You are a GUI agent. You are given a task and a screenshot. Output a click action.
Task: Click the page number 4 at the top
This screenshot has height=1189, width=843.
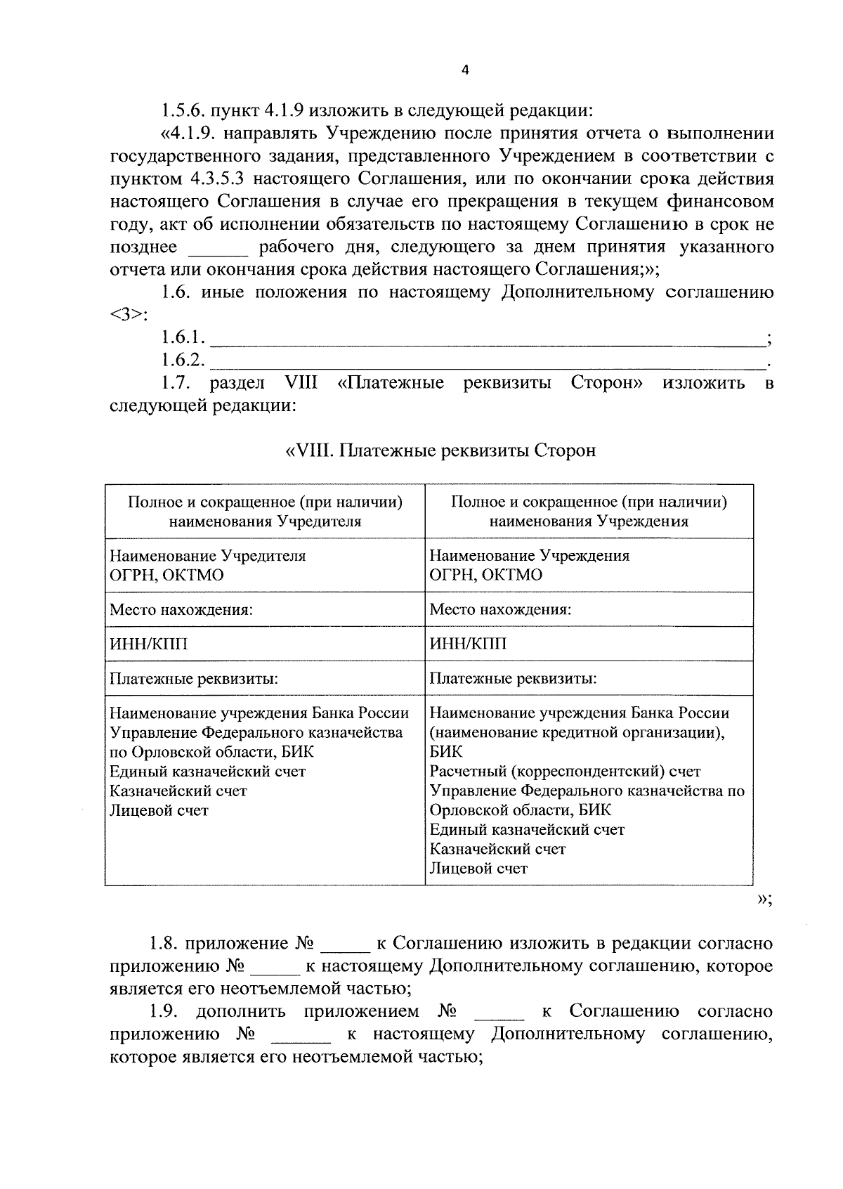coord(464,69)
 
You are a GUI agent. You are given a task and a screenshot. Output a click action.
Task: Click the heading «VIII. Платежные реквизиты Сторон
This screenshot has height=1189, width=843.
coord(440,450)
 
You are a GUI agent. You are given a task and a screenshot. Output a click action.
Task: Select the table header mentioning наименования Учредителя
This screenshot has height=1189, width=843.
coord(265,512)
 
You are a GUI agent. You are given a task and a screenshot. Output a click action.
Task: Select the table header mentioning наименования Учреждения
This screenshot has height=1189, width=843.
coord(589,512)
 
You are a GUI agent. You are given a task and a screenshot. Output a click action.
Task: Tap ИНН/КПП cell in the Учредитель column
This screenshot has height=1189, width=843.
coord(149,644)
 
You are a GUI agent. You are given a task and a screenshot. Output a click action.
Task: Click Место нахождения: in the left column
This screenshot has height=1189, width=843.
coord(181,609)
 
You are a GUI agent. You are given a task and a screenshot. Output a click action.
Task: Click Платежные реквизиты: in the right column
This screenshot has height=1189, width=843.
coord(513,679)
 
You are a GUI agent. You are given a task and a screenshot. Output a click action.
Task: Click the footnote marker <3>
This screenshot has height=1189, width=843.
coord(127,315)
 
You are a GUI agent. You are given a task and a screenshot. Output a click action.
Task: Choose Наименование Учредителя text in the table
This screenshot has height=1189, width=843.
coord(208,556)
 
